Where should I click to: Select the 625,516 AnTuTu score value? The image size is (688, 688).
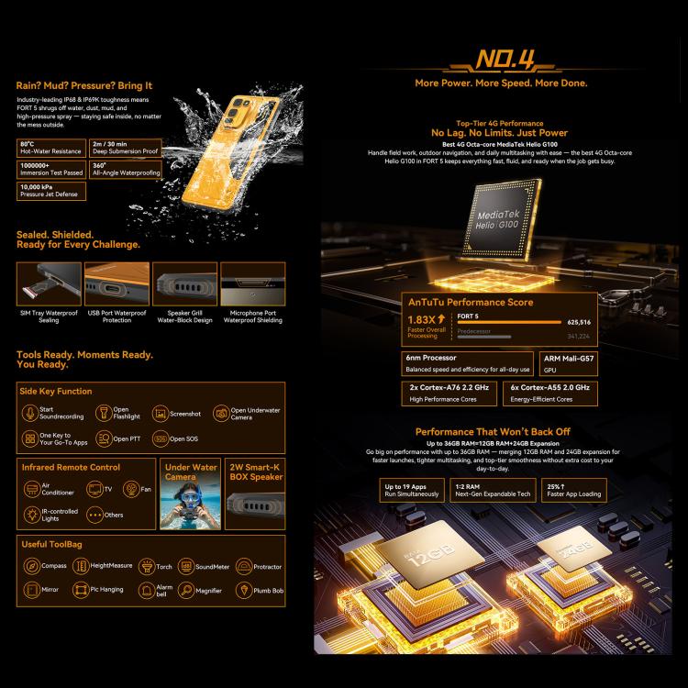point(578,323)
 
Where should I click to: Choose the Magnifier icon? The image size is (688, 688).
point(187,590)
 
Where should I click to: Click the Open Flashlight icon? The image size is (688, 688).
point(101,414)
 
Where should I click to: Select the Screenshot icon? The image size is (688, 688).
point(160,414)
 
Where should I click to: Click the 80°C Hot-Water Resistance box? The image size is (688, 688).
point(50,148)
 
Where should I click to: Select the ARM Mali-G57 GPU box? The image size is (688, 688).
point(563,363)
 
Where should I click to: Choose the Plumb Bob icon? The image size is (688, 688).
point(243,591)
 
